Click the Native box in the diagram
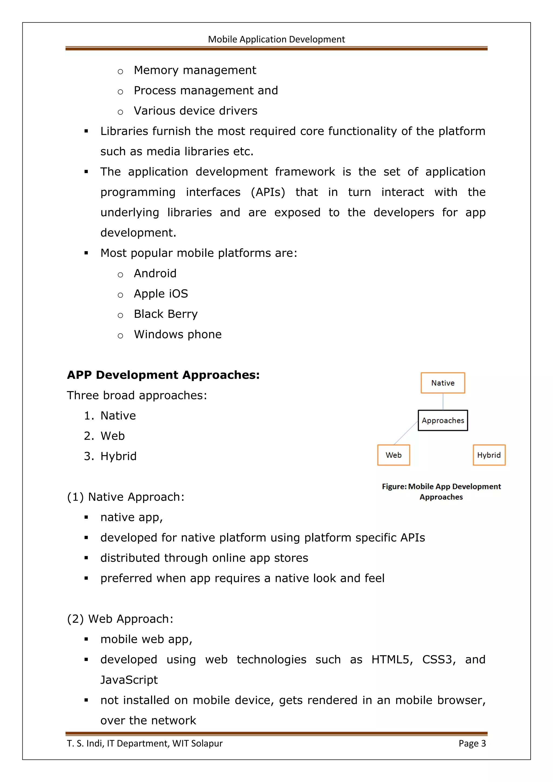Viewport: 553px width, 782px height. point(443,383)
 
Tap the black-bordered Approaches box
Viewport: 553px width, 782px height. point(443,420)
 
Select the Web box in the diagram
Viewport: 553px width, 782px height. point(393,455)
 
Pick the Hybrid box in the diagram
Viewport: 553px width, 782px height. point(489,455)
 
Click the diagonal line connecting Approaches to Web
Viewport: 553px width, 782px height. point(406,433)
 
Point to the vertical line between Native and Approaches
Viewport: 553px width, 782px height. point(443,402)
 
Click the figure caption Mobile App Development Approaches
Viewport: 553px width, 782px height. point(441,491)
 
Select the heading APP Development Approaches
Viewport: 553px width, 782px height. point(163,375)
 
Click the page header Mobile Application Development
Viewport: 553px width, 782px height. point(276,39)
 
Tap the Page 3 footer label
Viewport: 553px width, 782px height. point(472,743)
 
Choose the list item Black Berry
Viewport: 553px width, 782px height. point(166,314)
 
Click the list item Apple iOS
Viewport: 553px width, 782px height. point(161,294)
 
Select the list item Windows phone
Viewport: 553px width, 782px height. point(177,335)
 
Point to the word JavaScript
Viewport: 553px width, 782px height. point(129,680)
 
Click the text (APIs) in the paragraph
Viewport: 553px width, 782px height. point(268,192)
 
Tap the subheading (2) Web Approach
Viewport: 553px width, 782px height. point(120,619)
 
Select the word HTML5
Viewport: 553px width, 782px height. point(392,659)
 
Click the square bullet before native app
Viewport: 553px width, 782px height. point(86,517)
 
